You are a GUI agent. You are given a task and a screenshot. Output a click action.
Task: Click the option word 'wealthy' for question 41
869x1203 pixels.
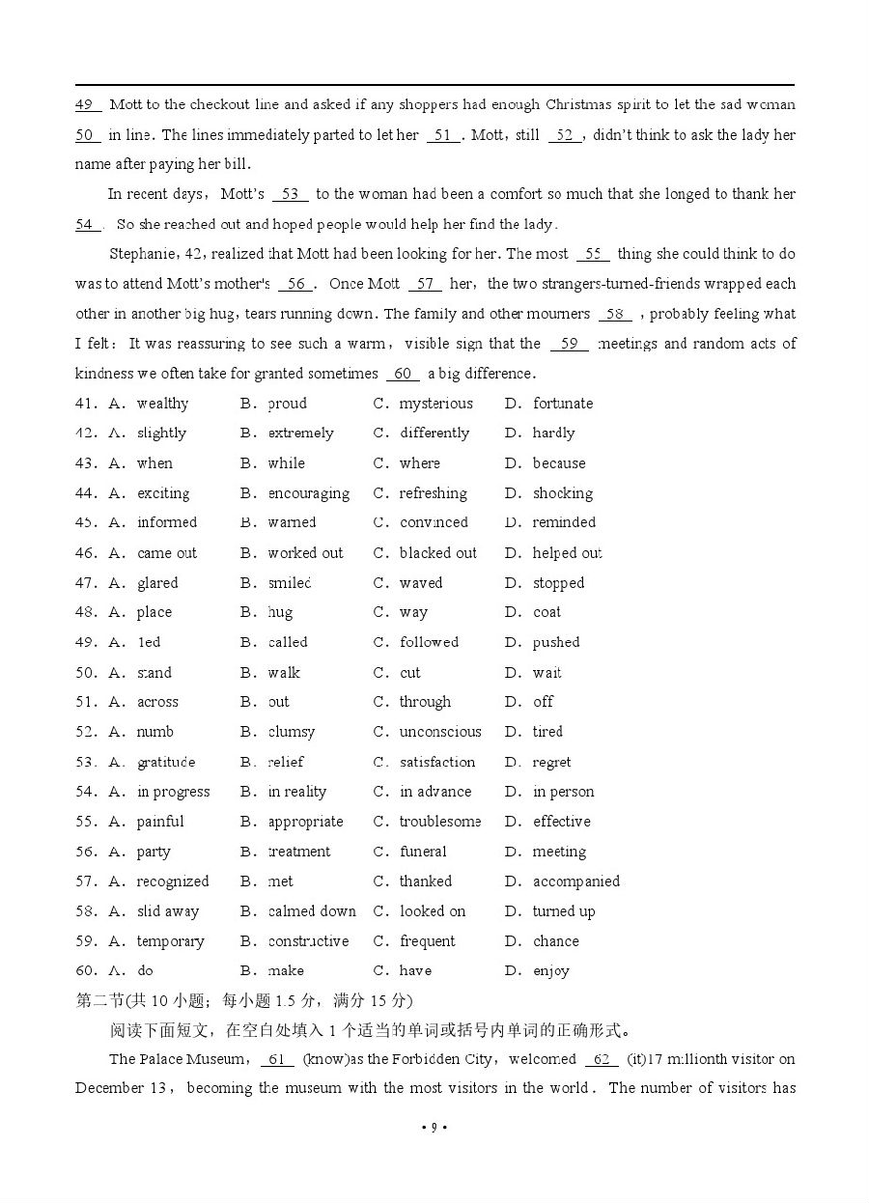[162, 404]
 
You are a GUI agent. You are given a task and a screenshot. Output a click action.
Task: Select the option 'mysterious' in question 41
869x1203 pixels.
[436, 404]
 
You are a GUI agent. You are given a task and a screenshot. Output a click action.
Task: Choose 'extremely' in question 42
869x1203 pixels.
[300, 434]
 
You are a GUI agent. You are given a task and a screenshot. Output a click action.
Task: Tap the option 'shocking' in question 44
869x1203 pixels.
[562, 493]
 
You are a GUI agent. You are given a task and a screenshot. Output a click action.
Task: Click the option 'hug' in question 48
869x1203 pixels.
[280, 612]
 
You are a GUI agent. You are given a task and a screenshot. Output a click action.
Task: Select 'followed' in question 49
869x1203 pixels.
[430, 642]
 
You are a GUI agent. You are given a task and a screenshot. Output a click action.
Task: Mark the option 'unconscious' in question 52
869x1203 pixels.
[440, 732]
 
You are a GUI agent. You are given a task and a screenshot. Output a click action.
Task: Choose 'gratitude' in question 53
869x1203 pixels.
[166, 762]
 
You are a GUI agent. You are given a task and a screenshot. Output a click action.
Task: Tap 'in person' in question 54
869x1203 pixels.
[563, 792]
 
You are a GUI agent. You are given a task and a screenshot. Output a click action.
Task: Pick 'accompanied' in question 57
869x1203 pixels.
[575, 881]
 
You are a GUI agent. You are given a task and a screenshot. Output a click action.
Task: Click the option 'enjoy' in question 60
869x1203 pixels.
[550, 971]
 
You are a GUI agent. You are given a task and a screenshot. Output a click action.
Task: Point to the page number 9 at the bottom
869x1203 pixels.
[434, 1127]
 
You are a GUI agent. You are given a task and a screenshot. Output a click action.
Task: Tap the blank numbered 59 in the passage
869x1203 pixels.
[569, 344]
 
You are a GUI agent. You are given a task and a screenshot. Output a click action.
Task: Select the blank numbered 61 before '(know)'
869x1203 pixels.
[276, 1059]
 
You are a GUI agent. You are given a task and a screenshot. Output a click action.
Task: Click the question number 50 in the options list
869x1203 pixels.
[85, 673]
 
